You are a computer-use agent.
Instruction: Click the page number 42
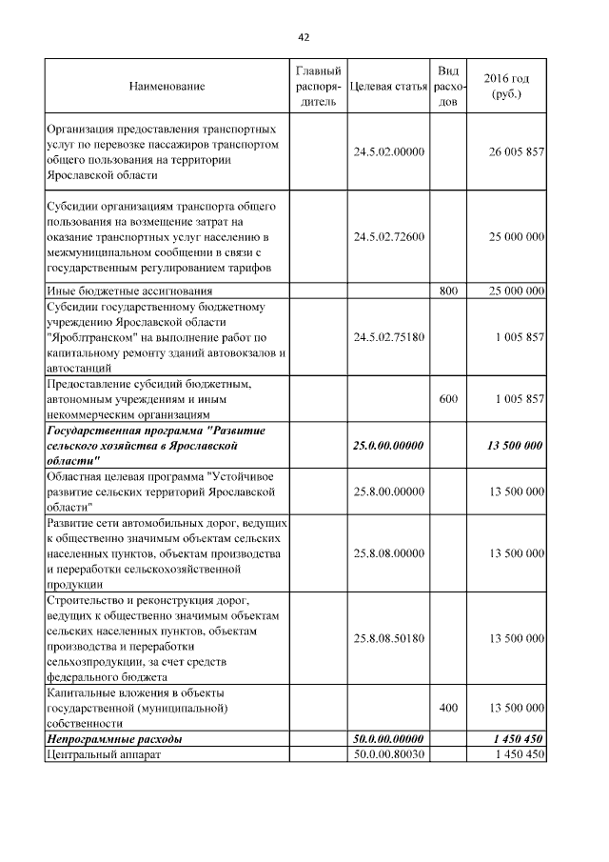pos(304,37)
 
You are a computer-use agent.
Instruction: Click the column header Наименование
pos(167,87)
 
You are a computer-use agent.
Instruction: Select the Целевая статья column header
pos(387,87)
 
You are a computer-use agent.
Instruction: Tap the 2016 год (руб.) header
pos(506,86)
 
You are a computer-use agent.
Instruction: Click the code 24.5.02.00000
pos(387,151)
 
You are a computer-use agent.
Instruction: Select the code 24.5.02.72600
pos(387,236)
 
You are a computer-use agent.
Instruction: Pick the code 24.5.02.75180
pos(387,336)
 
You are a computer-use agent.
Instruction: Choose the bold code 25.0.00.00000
pos(387,445)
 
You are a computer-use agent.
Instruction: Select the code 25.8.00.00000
pos(387,491)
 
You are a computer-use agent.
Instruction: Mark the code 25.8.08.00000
pos(387,552)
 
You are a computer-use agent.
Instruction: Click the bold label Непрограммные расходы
pos(115,739)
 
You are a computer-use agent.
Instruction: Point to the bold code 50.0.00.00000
pos(387,739)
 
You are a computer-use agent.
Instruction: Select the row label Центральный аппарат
pos(104,754)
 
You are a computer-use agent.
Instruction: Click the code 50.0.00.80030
pos(387,754)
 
